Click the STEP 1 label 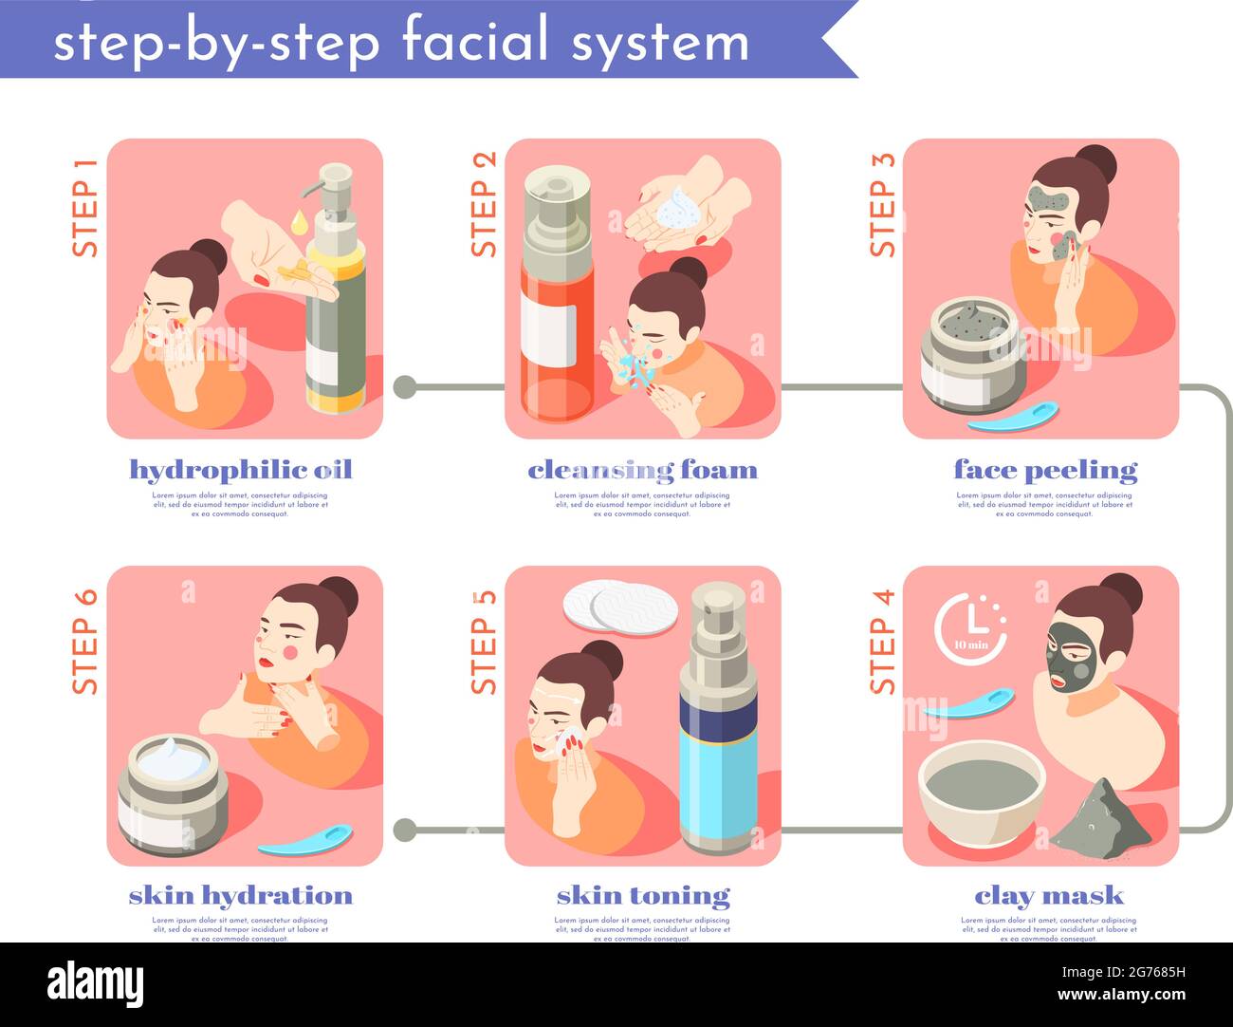point(84,207)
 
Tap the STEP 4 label point(881,642)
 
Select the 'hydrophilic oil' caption point(240,470)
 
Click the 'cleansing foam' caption point(642,470)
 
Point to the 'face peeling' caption point(1045,470)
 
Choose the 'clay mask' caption point(1048,896)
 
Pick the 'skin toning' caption point(643,896)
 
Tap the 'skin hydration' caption point(240,896)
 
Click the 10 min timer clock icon point(969,627)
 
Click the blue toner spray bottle point(717,721)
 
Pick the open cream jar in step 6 point(173,793)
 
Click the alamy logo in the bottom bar point(95,984)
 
